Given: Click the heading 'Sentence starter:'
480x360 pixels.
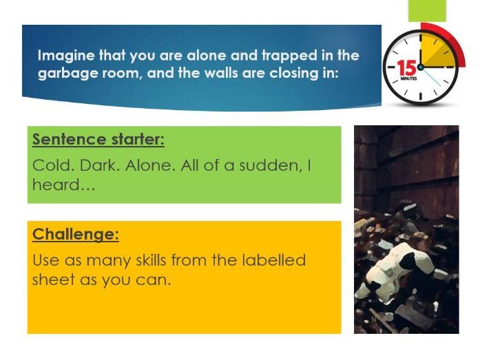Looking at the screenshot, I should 98,140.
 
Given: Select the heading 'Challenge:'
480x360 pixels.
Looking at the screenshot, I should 76,234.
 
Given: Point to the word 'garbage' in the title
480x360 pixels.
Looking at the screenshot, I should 64,72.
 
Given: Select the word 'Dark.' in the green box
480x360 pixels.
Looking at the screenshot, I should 97,166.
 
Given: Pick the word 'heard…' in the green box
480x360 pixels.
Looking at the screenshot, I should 55,184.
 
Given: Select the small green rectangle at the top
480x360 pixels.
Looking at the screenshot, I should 427,10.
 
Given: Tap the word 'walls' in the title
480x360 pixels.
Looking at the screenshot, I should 234,72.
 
